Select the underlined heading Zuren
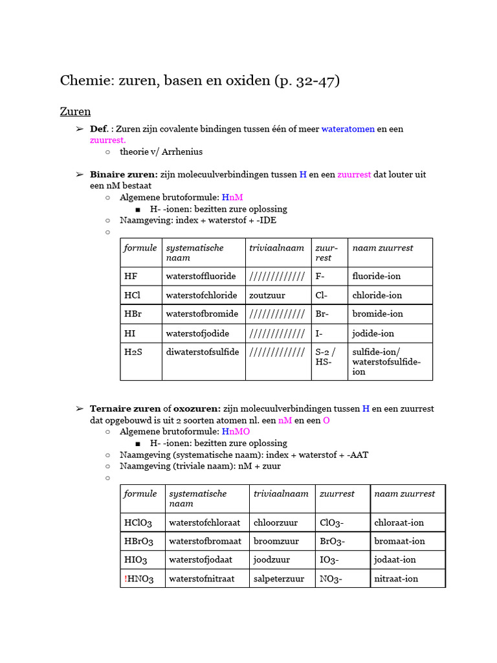tap(75, 111)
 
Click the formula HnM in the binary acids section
tap(232, 197)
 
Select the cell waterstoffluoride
tap(201, 276)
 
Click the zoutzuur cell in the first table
tap(267, 295)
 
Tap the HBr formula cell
tap(136, 314)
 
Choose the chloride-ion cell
tap(377, 295)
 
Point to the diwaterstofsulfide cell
tap(203, 352)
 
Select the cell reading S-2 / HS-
tap(326, 357)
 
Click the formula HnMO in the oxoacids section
tap(236, 432)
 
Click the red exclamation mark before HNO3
tap(126, 579)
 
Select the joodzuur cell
tap(272, 560)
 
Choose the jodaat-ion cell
tap(395, 560)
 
